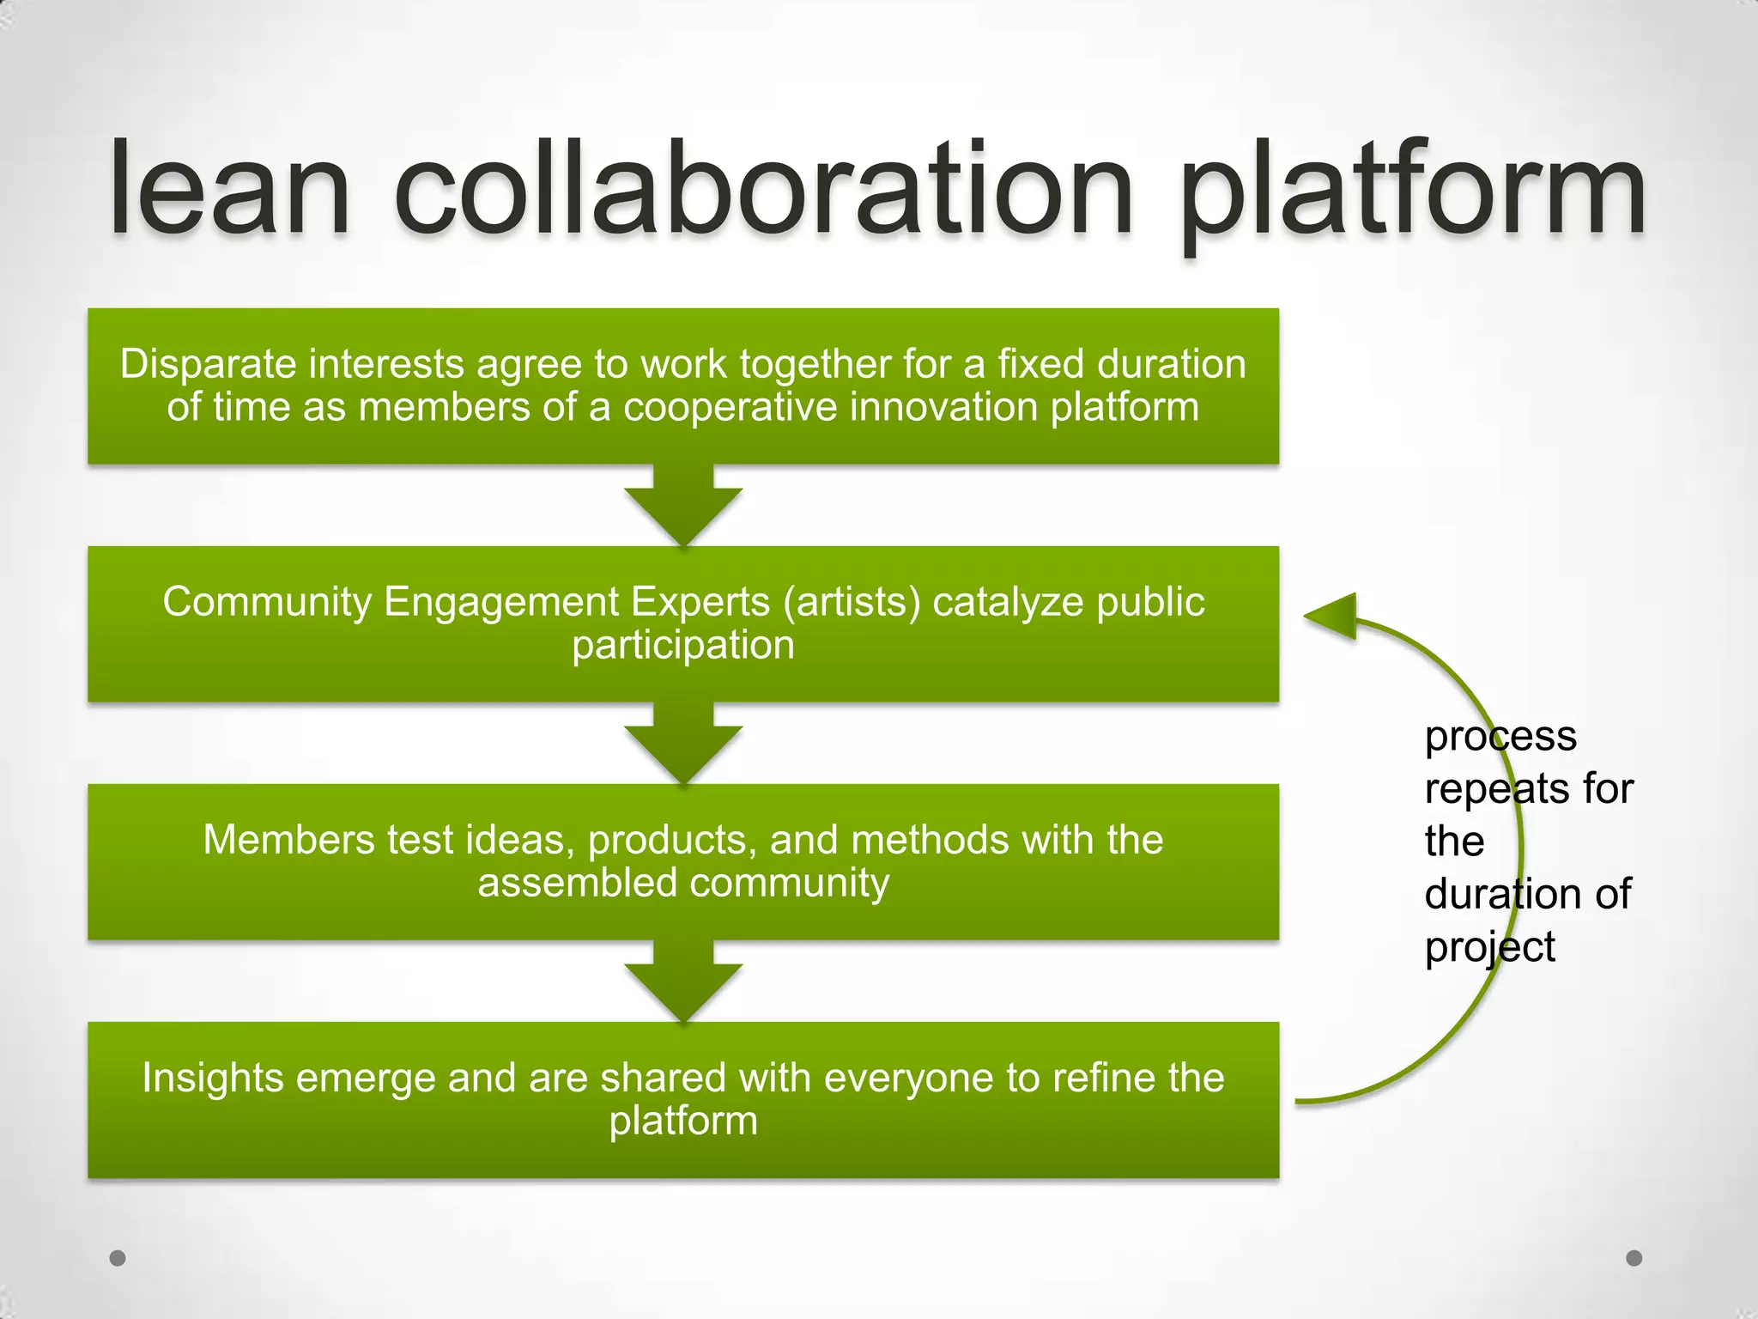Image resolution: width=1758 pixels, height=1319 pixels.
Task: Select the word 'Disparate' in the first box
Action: (x=208, y=364)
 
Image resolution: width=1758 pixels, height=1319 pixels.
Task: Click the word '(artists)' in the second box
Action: (x=852, y=602)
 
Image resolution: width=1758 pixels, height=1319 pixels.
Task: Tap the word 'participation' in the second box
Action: (x=683, y=645)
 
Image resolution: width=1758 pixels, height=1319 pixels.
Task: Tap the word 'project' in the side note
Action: (x=1489, y=947)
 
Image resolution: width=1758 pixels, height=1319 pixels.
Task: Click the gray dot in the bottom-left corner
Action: (x=118, y=1258)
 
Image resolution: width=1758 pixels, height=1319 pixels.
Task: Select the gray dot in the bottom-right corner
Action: (x=1634, y=1258)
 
